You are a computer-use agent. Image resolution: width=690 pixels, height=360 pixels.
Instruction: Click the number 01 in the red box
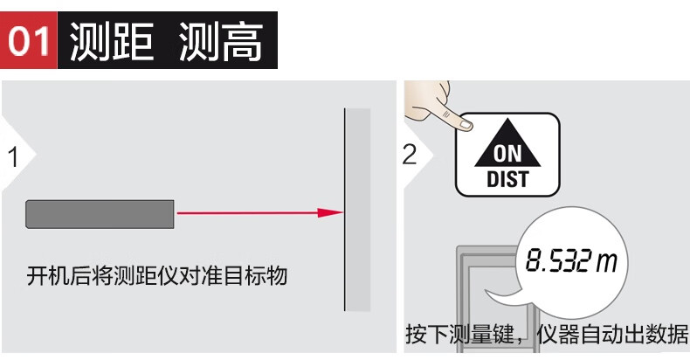click(x=29, y=40)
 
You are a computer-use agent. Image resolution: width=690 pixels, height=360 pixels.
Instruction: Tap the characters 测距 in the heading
click(x=112, y=41)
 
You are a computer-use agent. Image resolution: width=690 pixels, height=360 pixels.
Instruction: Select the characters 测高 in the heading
click(x=221, y=41)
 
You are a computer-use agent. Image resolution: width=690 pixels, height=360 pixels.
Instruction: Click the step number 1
click(x=14, y=157)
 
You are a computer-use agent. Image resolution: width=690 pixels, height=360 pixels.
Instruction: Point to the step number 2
click(x=410, y=155)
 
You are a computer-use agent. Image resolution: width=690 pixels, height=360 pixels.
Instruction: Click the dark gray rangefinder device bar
click(x=100, y=214)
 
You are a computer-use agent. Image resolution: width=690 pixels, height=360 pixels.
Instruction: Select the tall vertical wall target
click(x=357, y=210)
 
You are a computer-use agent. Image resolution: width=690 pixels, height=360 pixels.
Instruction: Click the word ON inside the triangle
click(x=507, y=154)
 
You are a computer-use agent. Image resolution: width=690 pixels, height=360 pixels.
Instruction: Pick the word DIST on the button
click(x=507, y=179)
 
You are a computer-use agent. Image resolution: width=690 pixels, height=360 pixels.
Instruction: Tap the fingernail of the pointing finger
click(x=466, y=125)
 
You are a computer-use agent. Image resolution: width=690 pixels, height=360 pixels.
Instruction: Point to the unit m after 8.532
click(x=606, y=262)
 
